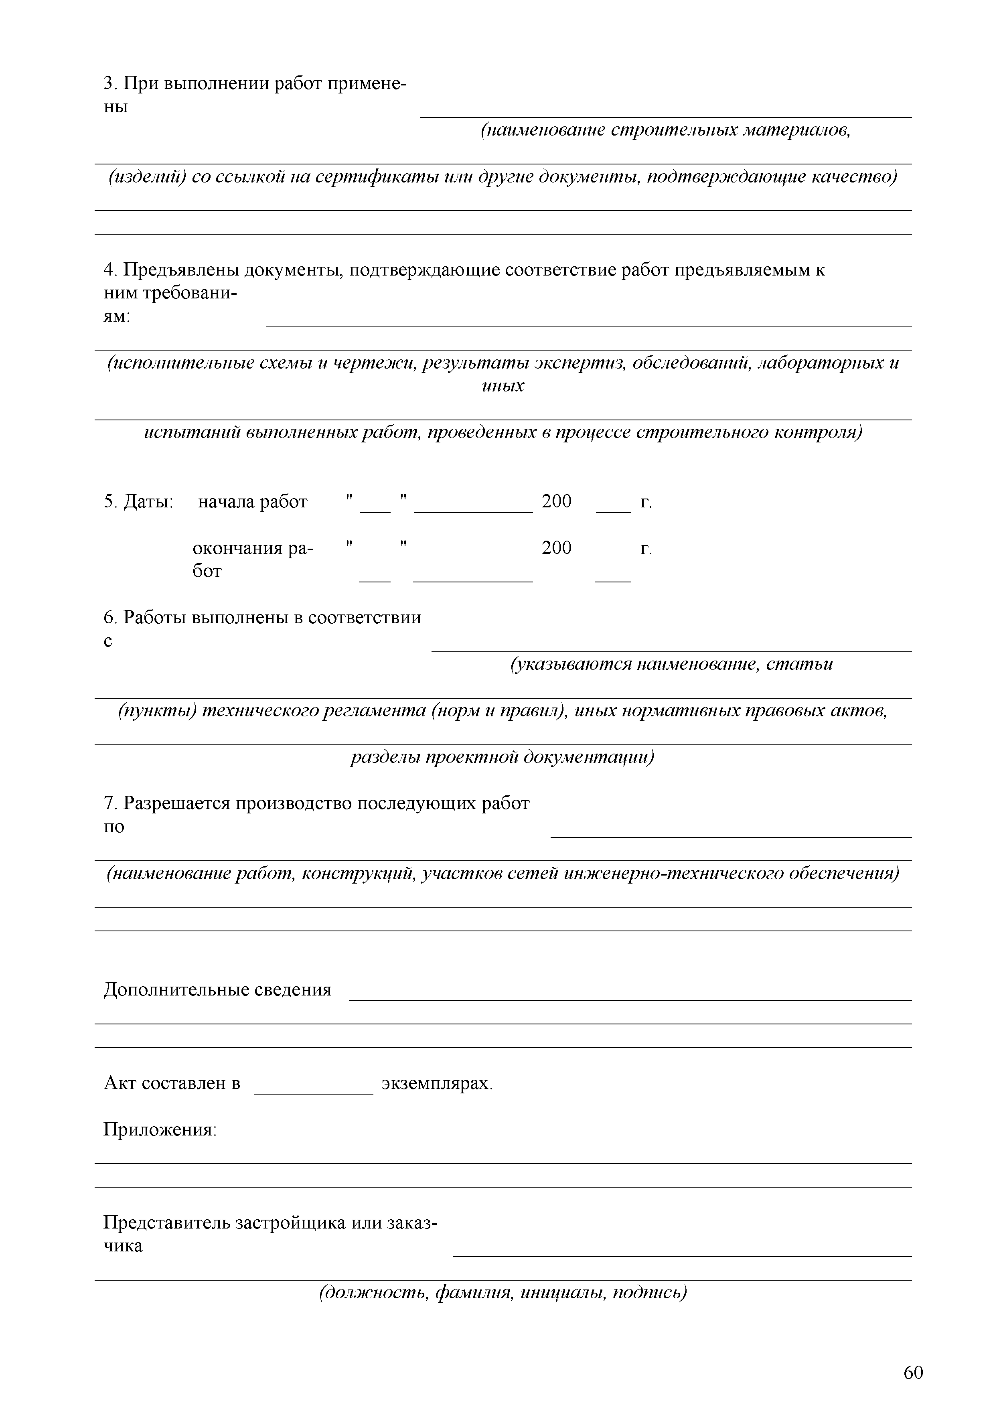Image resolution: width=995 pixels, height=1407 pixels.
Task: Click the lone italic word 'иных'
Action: pyautogui.click(x=503, y=387)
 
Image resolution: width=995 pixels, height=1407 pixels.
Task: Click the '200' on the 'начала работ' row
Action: pyautogui.click(x=556, y=502)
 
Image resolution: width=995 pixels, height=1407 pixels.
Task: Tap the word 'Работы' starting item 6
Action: pyautogui.click(x=155, y=618)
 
